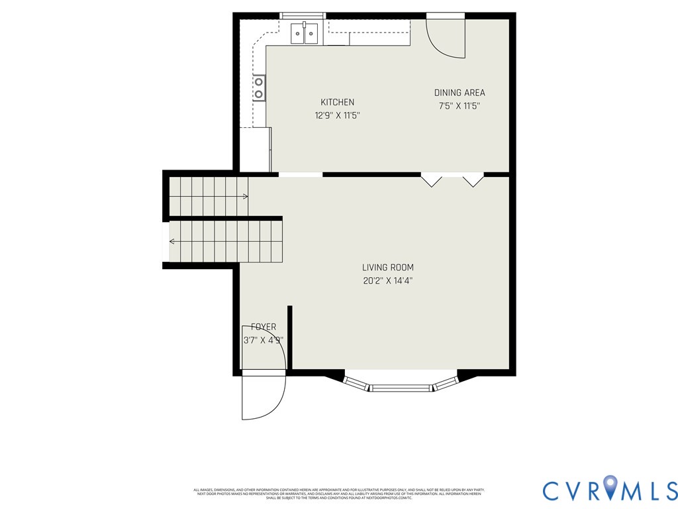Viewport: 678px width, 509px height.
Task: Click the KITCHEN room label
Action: click(x=337, y=102)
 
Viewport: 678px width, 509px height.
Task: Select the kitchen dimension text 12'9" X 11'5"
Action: click(x=337, y=115)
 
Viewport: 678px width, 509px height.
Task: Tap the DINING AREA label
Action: click(x=460, y=93)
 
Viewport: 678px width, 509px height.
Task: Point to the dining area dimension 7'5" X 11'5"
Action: click(x=460, y=105)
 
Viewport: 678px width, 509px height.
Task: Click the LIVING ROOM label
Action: click(x=388, y=268)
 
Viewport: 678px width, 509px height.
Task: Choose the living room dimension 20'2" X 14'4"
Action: click(x=388, y=280)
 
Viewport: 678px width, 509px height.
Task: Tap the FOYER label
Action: click(x=264, y=327)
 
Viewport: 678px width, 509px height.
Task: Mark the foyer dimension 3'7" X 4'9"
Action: click(x=264, y=341)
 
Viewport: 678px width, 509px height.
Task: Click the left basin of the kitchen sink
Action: click(x=297, y=34)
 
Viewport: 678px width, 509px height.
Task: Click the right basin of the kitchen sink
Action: click(x=311, y=34)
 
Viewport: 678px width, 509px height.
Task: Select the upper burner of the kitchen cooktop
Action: click(x=260, y=82)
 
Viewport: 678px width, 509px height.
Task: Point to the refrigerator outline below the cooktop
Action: click(x=255, y=150)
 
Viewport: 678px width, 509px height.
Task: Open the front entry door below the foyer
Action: click(x=263, y=396)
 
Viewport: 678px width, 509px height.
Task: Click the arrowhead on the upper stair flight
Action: click(x=246, y=197)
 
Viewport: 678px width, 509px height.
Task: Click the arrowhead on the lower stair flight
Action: click(x=172, y=241)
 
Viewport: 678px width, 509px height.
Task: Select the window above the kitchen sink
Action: click(x=303, y=15)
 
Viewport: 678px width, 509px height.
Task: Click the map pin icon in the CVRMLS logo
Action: click(x=609, y=489)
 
